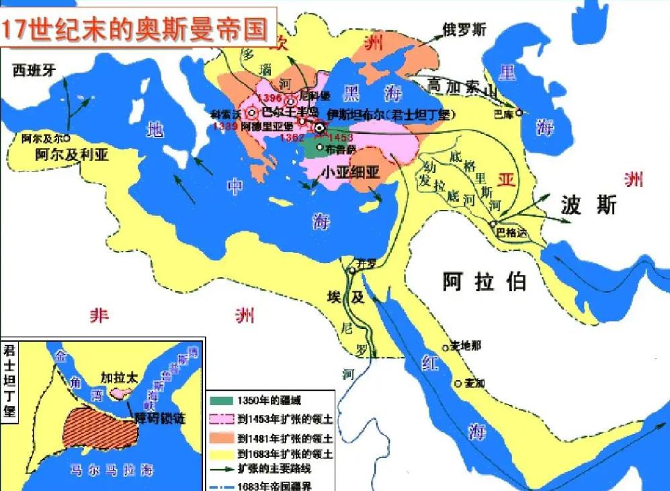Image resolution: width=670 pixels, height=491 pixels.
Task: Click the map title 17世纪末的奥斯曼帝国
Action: click(134, 29)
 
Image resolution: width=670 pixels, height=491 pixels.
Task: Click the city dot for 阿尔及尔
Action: click(67, 138)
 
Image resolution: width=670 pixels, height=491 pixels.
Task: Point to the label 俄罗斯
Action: click(464, 30)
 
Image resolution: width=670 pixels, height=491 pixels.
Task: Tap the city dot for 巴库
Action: click(519, 114)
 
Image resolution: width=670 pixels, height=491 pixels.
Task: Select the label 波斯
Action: click(589, 206)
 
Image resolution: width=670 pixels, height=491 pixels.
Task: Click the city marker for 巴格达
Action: click(493, 223)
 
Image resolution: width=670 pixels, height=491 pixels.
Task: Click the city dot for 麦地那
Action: click(445, 348)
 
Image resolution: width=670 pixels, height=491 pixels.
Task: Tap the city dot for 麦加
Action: click(458, 384)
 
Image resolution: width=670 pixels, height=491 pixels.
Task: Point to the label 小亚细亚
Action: click(350, 172)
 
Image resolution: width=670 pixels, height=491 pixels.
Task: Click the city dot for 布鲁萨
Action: click(319, 147)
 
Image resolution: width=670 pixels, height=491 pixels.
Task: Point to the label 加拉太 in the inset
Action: click(119, 377)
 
